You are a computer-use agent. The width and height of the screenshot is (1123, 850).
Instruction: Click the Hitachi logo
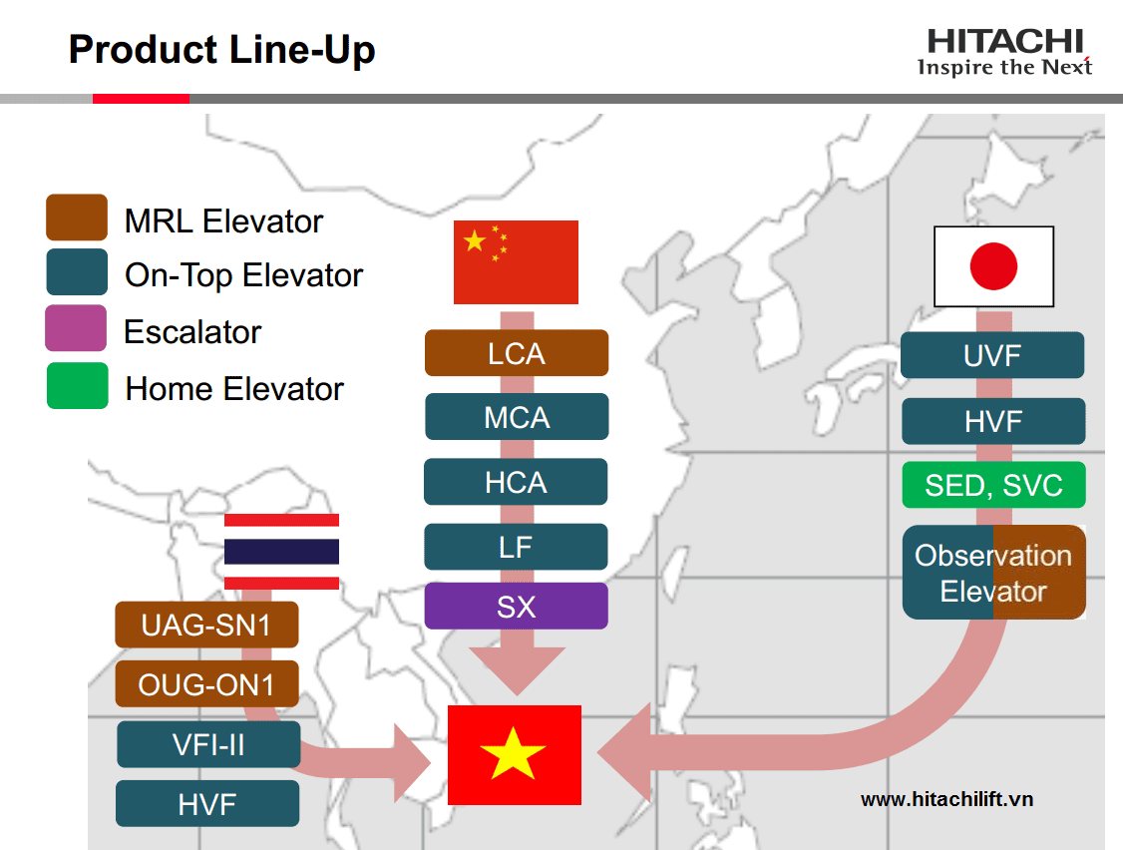(1005, 52)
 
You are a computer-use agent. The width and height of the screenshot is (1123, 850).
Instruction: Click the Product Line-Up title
(222, 50)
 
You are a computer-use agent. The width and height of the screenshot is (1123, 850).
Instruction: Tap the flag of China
(516, 262)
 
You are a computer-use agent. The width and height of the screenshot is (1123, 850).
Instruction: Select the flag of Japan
(994, 266)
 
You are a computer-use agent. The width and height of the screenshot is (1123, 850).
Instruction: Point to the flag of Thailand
(281, 551)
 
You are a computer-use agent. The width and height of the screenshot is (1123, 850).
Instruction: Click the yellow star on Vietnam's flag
(513, 754)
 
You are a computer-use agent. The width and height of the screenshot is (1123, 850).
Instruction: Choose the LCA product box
(517, 353)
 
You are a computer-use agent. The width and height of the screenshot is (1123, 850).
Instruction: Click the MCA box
(517, 417)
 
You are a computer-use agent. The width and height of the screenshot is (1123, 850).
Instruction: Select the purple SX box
(517, 607)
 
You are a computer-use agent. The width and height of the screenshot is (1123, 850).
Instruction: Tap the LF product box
(516, 547)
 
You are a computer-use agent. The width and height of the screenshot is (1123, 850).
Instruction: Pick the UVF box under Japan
(992, 355)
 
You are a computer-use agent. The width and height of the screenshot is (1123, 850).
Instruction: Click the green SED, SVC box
(994, 485)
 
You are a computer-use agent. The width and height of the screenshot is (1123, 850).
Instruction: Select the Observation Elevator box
(994, 573)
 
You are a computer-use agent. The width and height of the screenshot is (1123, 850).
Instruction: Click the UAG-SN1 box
(207, 625)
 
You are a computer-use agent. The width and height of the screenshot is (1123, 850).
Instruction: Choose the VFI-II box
(208, 744)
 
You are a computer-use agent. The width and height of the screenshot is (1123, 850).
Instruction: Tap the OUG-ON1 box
(207, 684)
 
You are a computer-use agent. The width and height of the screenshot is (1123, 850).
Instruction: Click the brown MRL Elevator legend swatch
(77, 217)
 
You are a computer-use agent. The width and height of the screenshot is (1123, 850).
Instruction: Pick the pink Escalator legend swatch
(76, 328)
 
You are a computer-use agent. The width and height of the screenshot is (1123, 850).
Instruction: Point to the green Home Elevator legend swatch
(78, 385)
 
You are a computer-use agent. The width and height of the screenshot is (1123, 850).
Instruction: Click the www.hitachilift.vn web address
(946, 799)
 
